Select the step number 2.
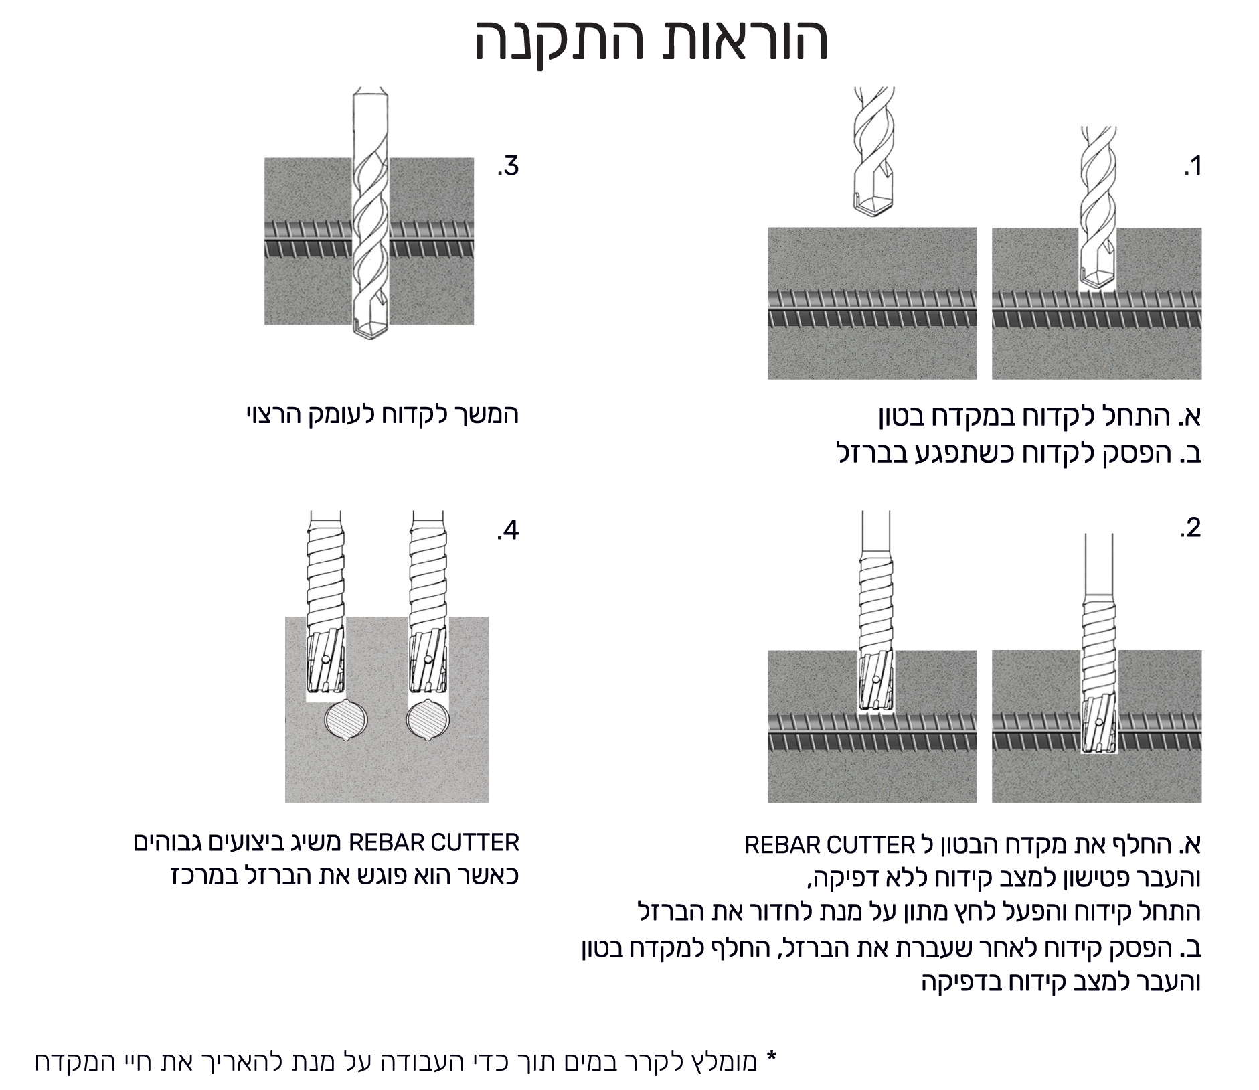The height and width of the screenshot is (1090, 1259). pos(1191,528)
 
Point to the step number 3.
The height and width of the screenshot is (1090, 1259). pos(508,165)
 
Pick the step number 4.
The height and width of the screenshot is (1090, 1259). pos(508,530)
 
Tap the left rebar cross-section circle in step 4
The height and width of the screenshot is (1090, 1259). pos(346,720)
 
